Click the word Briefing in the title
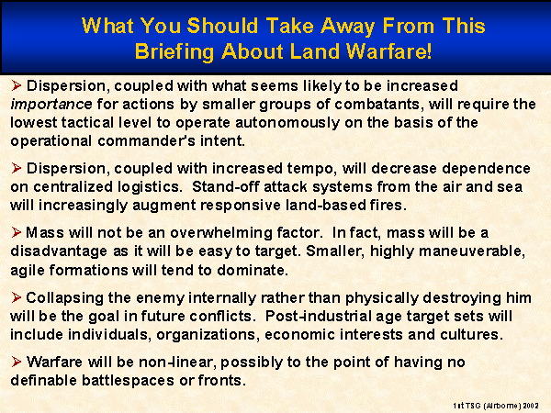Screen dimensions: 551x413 tap(174, 52)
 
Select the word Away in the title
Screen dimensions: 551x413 tap(347, 26)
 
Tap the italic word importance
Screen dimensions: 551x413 tap(51, 105)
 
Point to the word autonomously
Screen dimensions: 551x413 tap(287, 123)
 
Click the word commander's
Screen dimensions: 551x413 tap(146, 140)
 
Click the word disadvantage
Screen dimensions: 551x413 tap(59, 251)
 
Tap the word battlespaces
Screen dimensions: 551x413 tap(128, 380)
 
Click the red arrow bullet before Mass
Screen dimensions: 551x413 tap(16, 232)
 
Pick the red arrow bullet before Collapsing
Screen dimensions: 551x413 tap(16, 297)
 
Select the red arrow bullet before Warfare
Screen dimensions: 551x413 tap(16, 362)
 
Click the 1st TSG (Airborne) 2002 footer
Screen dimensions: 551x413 tap(496, 406)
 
